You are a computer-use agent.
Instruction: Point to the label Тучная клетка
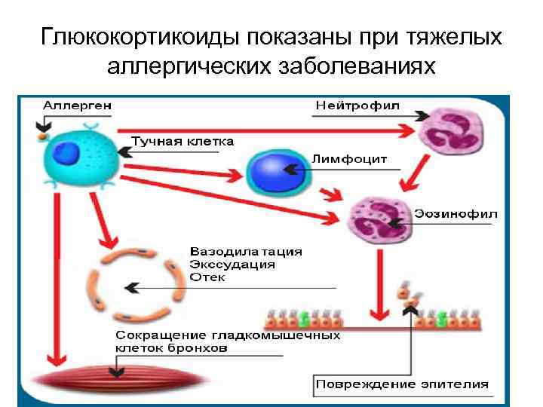tap(183, 141)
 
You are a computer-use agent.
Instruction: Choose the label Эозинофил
tap(456, 213)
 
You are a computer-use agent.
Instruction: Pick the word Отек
tap(207, 277)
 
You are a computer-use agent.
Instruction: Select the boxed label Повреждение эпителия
tap(402, 384)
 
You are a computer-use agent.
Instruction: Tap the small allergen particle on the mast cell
tap(42, 138)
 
